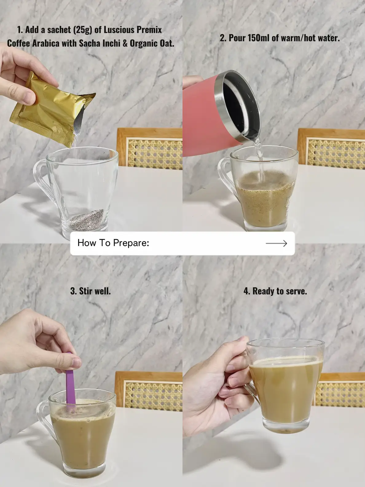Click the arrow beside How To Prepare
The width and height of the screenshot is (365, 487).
276,244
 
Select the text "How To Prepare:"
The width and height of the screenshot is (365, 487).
113,243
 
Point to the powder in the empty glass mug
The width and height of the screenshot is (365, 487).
87,220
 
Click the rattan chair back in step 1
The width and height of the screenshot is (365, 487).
150,148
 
